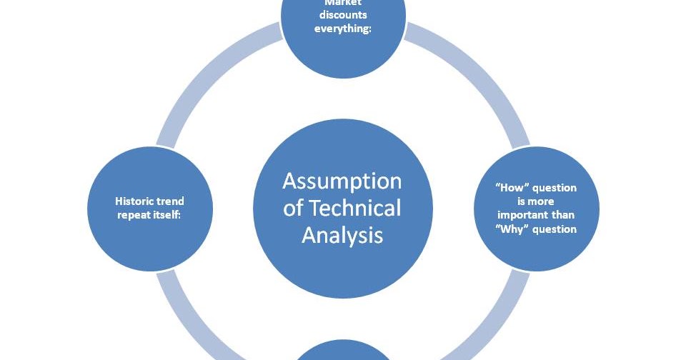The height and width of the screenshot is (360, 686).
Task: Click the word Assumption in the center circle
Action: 342,181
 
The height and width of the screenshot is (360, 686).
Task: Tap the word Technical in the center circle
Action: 354,208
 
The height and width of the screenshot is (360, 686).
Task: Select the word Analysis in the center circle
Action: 342,234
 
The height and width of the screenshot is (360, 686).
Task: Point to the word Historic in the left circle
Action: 131,201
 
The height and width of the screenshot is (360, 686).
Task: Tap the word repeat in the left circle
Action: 134,214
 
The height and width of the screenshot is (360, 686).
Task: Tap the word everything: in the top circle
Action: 342,30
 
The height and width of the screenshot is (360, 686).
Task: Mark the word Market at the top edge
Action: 342,4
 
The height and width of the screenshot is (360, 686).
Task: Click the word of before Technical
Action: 293,208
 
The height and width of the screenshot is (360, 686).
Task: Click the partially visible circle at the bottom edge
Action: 342,351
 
